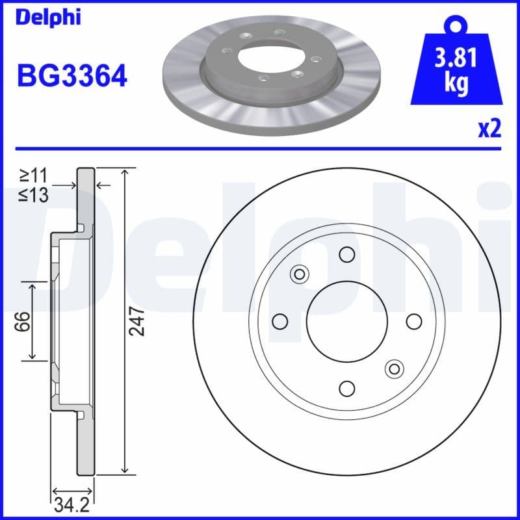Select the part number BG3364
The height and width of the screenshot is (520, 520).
tap(71, 77)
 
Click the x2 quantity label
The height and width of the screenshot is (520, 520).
tap(489, 129)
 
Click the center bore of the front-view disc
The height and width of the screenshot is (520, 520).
tap(347, 321)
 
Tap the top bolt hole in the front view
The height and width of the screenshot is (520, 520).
tap(347, 254)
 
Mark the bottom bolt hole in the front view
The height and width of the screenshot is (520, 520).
tap(347, 388)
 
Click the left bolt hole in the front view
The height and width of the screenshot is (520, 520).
tap(280, 321)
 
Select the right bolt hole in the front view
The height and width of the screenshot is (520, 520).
tap(414, 321)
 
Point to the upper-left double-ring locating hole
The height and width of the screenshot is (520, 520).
tap(300, 274)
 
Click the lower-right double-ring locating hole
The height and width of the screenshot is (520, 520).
tap(394, 369)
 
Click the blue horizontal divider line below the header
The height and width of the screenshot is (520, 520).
tap(260, 148)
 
